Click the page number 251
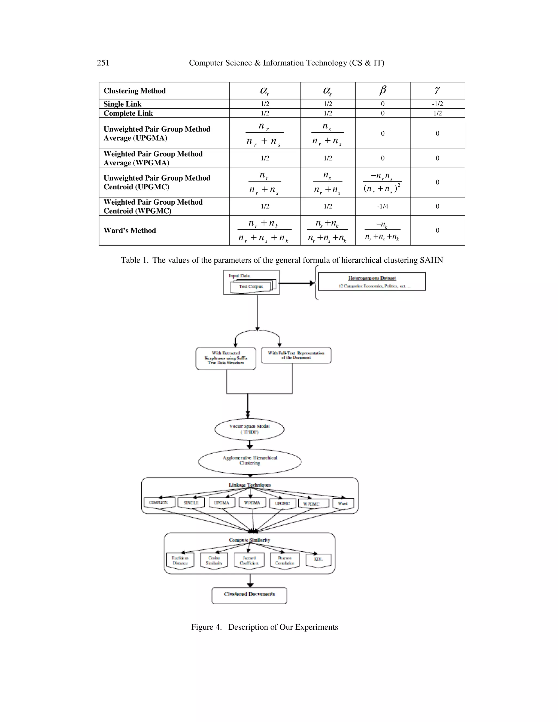(103, 63)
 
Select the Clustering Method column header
(135, 91)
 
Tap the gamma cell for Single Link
(437, 104)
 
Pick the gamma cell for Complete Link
(437, 113)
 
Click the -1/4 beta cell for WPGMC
(383, 206)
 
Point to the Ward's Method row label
(130, 230)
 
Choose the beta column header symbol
(383, 90)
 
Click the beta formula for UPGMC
(383, 182)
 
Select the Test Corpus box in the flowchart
(251, 287)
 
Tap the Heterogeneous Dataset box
(372, 282)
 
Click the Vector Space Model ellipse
(250, 429)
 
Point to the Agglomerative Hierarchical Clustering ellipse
(250, 460)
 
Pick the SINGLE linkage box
(191, 503)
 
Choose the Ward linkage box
(343, 503)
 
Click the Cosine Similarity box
(214, 561)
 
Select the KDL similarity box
(318, 559)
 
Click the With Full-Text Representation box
(296, 355)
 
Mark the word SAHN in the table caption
(431, 260)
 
